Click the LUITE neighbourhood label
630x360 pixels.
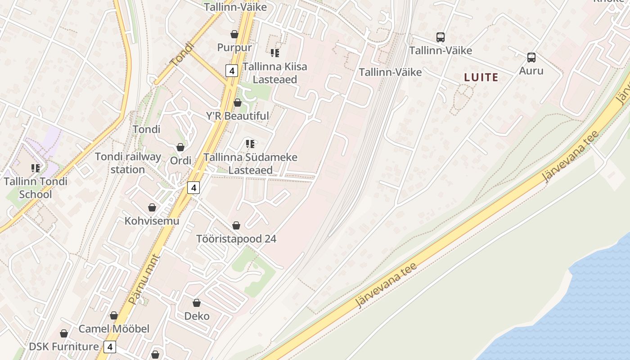481,77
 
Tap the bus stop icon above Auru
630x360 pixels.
531,58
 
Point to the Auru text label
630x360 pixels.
531,71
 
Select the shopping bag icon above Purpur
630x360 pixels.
234,34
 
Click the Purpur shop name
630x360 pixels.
234,47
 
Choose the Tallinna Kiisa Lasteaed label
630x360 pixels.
274,73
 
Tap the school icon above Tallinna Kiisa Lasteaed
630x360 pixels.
274,53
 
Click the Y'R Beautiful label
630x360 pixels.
238,116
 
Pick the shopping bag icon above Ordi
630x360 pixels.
180,147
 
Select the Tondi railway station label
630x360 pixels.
128,163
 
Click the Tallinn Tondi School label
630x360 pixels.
36,188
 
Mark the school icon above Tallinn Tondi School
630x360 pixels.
36,168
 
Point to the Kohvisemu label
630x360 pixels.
152,221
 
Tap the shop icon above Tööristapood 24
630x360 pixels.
236,225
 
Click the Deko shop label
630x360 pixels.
197,316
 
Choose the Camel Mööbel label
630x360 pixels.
114,329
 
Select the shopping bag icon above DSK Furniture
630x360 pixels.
64,333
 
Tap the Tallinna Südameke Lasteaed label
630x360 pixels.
250,164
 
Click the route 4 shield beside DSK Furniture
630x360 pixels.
109,347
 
